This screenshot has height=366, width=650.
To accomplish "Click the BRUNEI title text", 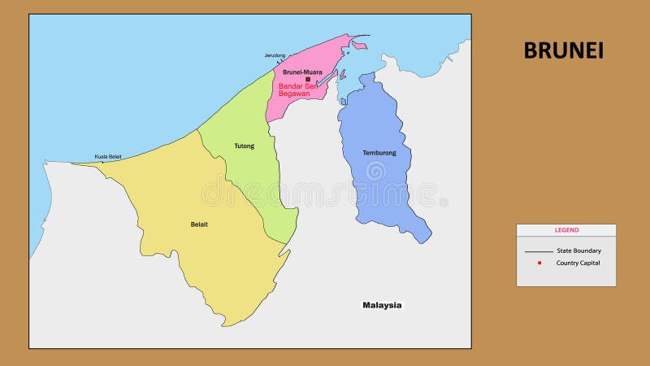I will [x=563, y=50].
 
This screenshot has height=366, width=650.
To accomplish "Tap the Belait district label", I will [x=199, y=224].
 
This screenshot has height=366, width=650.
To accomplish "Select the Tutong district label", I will [x=244, y=146].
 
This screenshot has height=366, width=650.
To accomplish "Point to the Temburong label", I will [x=379, y=153].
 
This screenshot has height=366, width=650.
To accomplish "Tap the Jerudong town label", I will [x=275, y=55].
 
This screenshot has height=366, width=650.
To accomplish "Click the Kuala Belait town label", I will [x=108, y=156].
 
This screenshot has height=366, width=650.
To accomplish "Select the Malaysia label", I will [x=382, y=305].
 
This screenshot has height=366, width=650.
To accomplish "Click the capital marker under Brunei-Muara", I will [x=308, y=79].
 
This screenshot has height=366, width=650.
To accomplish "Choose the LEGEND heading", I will [x=566, y=230].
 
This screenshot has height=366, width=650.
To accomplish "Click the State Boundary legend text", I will [x=578, y=251].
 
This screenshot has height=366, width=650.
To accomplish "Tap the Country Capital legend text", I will [x=578, y=263].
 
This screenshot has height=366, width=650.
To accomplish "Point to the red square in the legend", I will [x=539, y=263].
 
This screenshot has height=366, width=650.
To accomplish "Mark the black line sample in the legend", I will [x=538, y=251].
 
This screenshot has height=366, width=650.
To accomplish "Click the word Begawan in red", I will [x=293, y=94].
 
